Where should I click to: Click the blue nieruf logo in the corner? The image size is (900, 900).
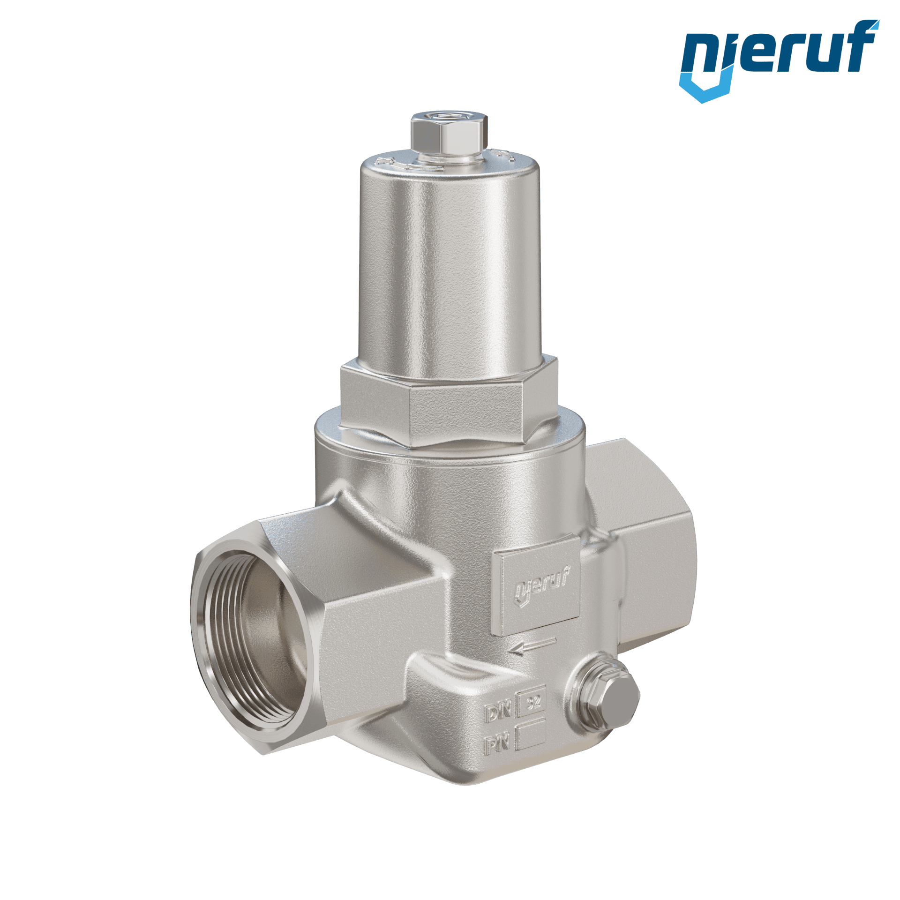pyautogui.click(x=779, y=61)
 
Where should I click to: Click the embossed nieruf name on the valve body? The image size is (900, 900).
pyautogui.click(x=543, y=584)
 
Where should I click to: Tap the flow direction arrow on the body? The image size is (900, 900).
pyautogui.click(x=532, y=646)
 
